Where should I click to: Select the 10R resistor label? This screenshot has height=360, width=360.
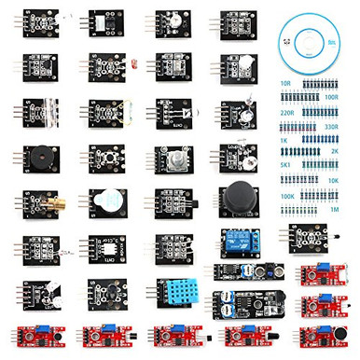coord(286,84)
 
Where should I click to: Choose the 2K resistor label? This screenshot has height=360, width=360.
coord(337,149)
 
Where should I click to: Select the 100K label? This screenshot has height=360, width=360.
coord(287,198)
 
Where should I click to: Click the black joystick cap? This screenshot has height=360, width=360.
coord(236,197)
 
